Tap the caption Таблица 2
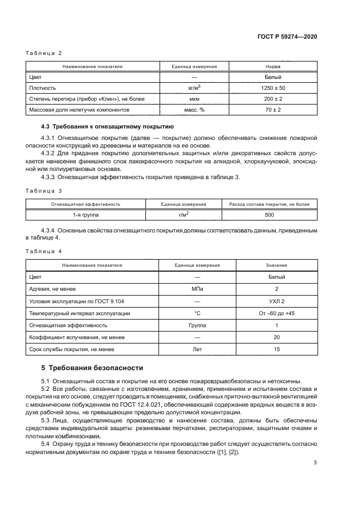click(45, 53)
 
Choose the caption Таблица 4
click(45, 252)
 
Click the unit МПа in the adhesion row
click(197, 289)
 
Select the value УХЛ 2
click(276, 301)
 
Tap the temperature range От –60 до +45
click(276, 313)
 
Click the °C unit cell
click(197, 313)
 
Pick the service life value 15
click(276, 349)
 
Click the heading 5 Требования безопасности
click(93, 368)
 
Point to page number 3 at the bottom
click(315, 463)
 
